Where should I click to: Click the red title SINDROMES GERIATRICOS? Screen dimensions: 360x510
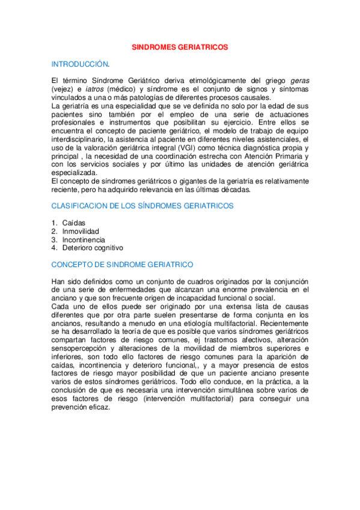[x=180, y=46]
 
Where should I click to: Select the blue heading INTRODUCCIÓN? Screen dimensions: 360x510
[x=81, y=63]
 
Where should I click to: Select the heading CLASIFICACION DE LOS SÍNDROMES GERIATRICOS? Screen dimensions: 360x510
[x=142, y=206]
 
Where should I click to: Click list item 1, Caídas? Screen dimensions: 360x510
[x=74, y=223]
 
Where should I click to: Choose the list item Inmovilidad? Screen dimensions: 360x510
[x=81, y=232]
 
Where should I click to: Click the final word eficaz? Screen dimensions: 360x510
[x=98, y=407]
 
